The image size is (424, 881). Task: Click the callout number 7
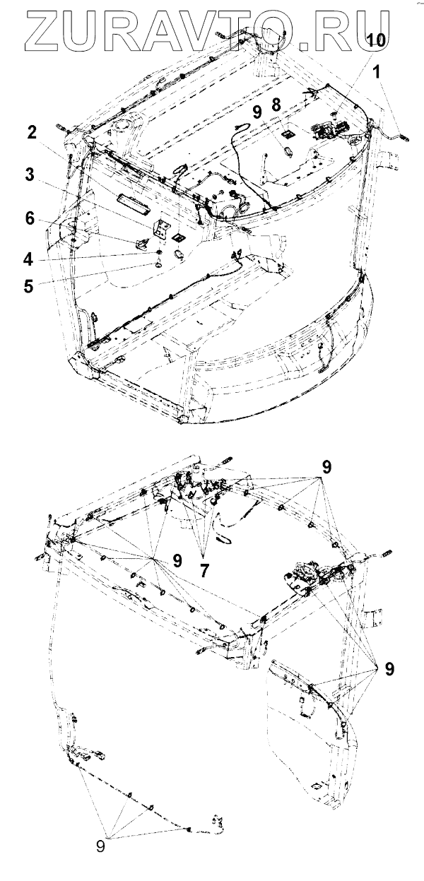coord(204,570)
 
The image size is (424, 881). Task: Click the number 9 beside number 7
coord(177,560)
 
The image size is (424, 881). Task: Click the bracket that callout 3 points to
coord(162,227)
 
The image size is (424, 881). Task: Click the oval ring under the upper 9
coord(287,150)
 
